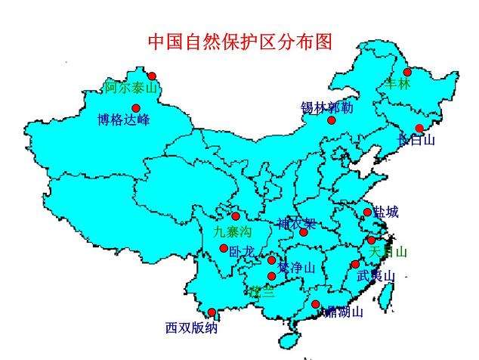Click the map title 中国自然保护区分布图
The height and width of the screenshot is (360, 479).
point(239,42)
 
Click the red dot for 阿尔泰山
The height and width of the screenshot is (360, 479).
point(152,76)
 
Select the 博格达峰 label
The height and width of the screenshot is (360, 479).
point(124,119)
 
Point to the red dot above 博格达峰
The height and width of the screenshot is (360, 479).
point(136,108)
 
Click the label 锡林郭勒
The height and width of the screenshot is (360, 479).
point(326,107)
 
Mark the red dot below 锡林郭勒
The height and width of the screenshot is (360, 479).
point(331,119)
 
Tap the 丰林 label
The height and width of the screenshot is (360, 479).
point(397,84)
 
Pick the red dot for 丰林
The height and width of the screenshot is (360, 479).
point(407,73)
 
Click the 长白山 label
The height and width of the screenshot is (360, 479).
point(416,140)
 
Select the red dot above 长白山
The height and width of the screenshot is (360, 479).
point(419,128)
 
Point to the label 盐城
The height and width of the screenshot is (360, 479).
point(386,213)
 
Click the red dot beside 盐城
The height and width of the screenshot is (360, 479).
point(368,213)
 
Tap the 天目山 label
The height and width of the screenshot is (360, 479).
point(389,251)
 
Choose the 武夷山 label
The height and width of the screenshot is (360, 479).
point(375,276)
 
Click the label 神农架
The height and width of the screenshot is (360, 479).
point(296,224)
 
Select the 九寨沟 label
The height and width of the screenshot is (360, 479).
point(232,231)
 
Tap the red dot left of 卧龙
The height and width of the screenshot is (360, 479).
point(224,248)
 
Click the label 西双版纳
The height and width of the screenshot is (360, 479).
point(192,328)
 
